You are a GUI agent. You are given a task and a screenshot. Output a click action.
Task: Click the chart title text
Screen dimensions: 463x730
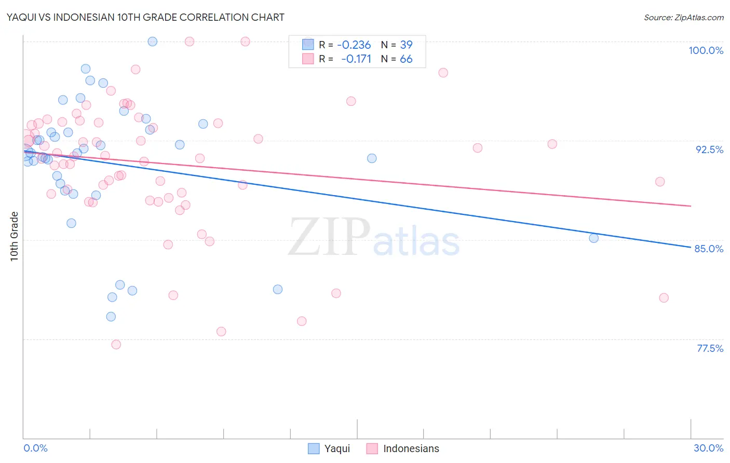[145, 17]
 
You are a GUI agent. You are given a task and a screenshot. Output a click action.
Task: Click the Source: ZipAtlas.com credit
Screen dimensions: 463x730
[683, 18]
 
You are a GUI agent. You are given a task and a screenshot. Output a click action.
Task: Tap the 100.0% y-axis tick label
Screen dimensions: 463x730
[706, 50]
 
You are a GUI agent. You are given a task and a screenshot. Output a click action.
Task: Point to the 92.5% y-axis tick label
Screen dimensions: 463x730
[709, 149]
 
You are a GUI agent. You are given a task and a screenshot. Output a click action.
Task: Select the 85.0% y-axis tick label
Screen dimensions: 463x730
[709, 249]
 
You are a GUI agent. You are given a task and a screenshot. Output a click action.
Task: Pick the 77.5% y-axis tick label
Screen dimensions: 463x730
[710, 348]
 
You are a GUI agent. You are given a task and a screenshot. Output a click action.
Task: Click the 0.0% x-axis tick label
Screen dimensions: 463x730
[35, 448]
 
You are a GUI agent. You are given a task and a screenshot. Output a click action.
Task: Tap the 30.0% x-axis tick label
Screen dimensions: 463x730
[708, 448]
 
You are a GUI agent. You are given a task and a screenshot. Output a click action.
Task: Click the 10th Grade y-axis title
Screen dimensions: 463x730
[15, 236]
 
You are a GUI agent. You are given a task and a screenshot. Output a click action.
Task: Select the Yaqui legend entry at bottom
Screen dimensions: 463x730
[329, 448]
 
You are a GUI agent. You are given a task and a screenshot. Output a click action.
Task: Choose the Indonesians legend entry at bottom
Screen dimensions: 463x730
[403, 448]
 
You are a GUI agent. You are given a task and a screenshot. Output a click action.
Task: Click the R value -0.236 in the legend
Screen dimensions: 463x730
[354, 45]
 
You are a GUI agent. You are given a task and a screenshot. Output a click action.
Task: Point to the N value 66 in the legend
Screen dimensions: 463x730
[406, 59]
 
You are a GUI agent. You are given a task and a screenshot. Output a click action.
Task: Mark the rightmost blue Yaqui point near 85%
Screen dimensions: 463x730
[593, 238]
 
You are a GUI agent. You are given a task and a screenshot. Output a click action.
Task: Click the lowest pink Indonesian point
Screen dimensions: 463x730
[116, 345]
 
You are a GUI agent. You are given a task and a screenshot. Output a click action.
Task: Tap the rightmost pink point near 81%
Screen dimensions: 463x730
[664, 298]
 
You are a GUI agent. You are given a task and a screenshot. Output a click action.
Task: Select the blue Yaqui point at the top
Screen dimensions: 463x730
[153, 42]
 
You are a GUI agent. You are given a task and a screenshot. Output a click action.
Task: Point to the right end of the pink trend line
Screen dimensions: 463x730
[691, 206]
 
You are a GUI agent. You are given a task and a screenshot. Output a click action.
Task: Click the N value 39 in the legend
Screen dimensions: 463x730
[406, 45]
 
